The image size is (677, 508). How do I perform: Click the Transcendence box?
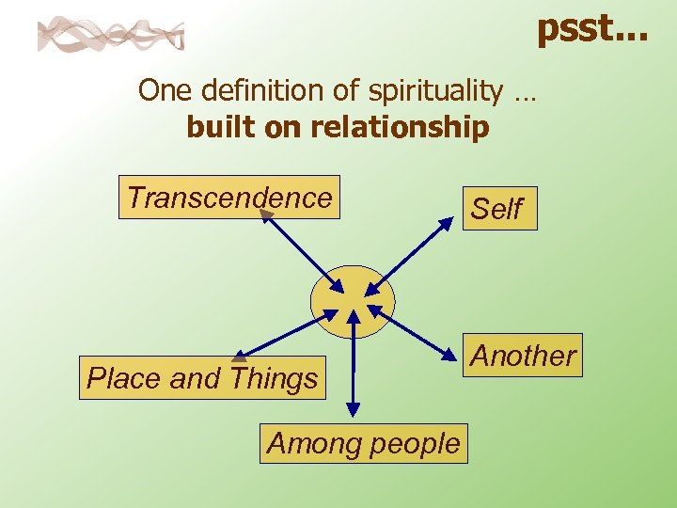pos(228,198)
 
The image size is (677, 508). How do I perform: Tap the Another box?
pos(523,356)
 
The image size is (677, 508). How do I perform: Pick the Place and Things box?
pos(202,378)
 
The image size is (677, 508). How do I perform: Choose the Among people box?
pos(364,443)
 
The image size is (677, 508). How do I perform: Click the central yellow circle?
pos(353,301)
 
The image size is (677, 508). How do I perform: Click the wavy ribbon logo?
pos(111,35)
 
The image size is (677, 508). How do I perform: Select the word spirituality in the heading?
pos(435,90)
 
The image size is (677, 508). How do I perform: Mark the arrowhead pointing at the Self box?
pos(446,223)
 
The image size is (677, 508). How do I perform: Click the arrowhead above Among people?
pos(353,409)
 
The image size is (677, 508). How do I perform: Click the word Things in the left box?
pos(274,378)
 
